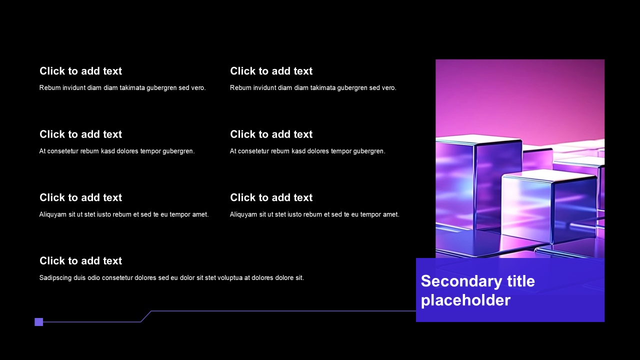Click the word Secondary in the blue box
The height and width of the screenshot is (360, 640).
(x=461, y=281)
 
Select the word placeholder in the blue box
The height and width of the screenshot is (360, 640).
(x=465, y=300)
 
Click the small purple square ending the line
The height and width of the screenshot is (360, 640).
(x=39, y=322)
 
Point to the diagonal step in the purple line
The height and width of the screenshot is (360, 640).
(x=146, y=316)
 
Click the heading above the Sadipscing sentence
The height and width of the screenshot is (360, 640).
(x=81, y=260)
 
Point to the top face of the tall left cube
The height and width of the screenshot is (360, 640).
(x=478, y=139)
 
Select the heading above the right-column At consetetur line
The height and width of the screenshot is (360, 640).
(x=271, y=134)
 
